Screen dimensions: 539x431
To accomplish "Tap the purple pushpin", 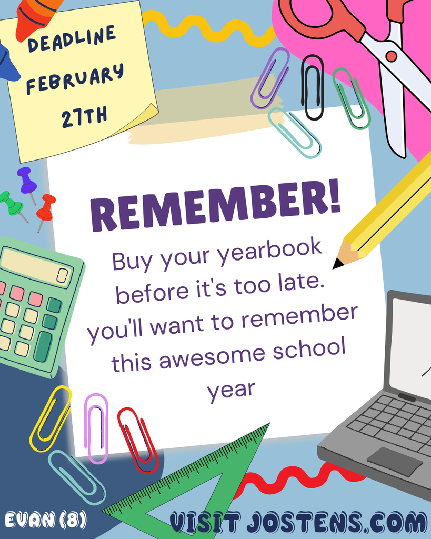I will tap(26, 181).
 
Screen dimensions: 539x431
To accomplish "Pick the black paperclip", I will tap(312, 87).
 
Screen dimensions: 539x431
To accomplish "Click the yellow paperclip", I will tap(51, 418).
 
